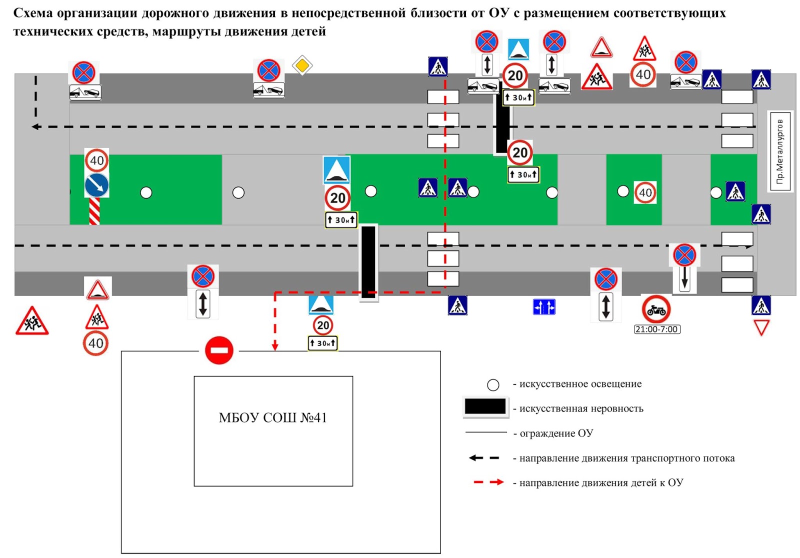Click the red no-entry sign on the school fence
(219, 350)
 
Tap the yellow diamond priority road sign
(302, 65)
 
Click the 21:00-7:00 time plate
(656, 329)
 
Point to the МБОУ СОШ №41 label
(272, 417)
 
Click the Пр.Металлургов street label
(780, 151)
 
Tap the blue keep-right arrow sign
(96, 185)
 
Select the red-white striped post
(94, 211)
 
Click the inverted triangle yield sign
(761, 328)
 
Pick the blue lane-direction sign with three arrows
(544, 306)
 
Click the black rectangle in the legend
(484, 406)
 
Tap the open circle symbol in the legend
(493, 384)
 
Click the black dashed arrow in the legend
(483, 458)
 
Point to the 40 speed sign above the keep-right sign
(96, 160)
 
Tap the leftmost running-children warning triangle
(32, 321)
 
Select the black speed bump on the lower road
(368, 262)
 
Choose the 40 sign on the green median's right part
(645, 192)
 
